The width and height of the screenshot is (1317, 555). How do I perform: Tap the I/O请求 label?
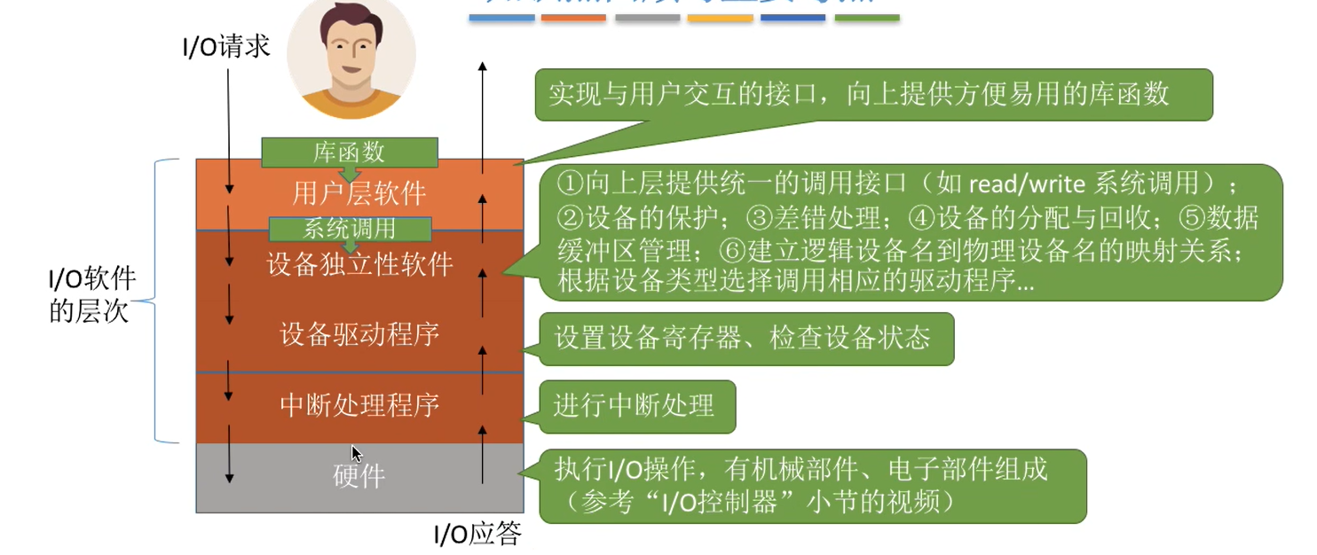[226, 46]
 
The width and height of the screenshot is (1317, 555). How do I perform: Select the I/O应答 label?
[477, 534]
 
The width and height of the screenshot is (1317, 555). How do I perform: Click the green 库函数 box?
[350, 152]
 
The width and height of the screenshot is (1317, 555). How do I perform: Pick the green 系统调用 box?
[350, 229]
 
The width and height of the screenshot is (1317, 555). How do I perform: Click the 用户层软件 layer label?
[359, 193]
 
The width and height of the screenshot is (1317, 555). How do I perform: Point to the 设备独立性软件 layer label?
[359, 264]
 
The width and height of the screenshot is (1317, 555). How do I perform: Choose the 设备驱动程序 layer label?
[359, 334]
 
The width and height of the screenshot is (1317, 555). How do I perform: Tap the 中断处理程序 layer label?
[359, 405]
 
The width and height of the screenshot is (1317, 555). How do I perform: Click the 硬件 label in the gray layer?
[359, 476]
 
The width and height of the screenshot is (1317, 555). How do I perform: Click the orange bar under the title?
[573, 18]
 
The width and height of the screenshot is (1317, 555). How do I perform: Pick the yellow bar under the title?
[720, 18]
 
